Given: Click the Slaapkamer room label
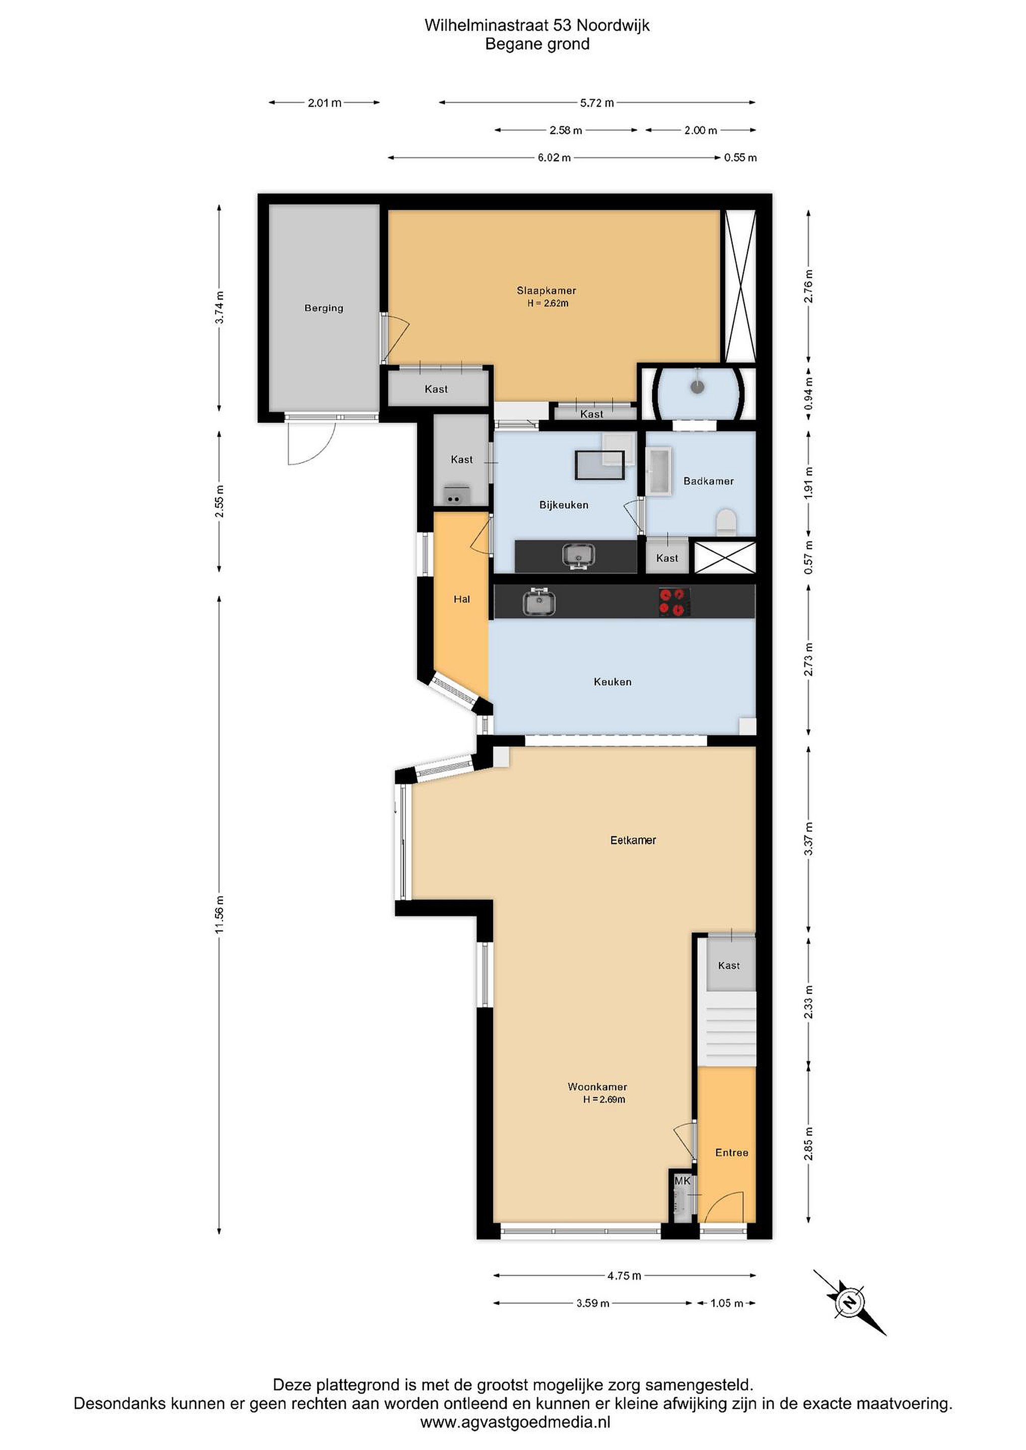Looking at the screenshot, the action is [x=546, y=291].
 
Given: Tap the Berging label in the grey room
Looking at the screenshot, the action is [x=323, y=308].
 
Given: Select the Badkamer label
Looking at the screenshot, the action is [x=708, y=481].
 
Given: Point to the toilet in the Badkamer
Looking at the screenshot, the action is [x=726, y=522].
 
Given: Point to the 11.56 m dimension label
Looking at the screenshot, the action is [x=219, y=914].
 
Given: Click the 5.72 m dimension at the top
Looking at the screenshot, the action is [x=596, y=103].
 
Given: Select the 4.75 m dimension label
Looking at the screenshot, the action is [x=624, y=1276].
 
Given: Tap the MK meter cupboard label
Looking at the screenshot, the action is [x=682, y=1181].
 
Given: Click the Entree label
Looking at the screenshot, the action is [x=731, y=1152].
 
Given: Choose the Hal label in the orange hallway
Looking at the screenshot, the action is [x=462, y=599].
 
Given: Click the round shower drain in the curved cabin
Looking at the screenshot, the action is [x=697, y=387].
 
